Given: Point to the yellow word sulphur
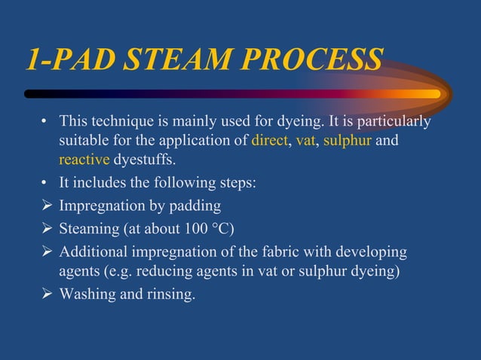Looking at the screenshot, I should [x=348, y=141].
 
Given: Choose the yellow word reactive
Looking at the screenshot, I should [x=84, y=160].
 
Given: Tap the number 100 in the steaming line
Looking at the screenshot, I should [x=204, y=229].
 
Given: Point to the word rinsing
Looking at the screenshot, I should [x=170, y=294].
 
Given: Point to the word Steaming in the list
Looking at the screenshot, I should [x=89, y=229].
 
